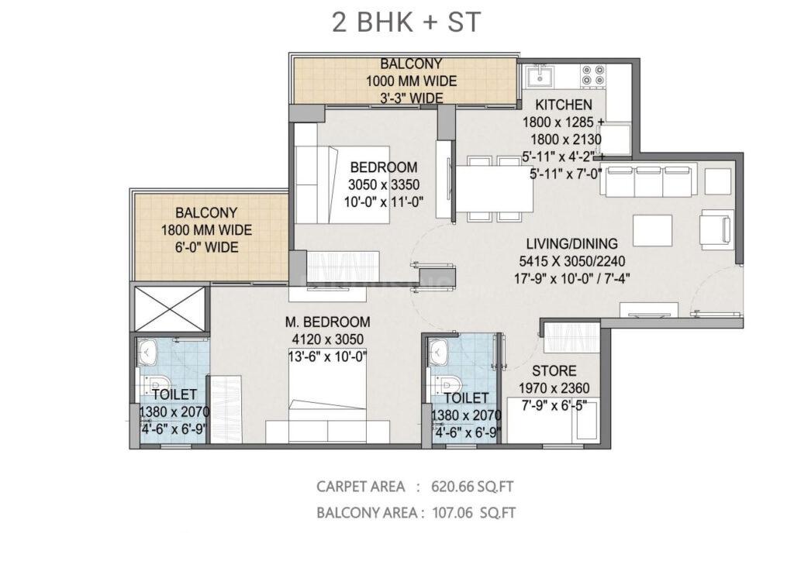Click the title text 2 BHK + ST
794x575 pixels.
[x=406, y=22]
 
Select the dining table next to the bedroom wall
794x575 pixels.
[x=493, y=188]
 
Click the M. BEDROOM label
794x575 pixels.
[x=326, y=322]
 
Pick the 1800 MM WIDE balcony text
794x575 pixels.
[x=206, y=230]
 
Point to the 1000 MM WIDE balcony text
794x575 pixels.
[x=411, y=81]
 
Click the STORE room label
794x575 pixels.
[x=552, y=370]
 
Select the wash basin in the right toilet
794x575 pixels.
[x=439, y=351]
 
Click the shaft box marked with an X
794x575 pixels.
[x=171, y=308]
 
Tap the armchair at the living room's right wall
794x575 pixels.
[x=715, y=226]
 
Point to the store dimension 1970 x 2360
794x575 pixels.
[x=552, y=387]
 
